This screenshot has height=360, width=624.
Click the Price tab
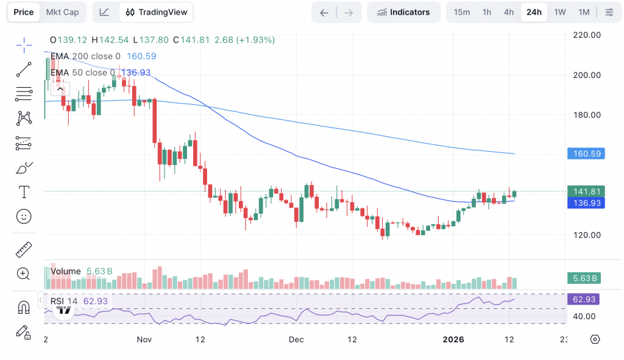(24, 12)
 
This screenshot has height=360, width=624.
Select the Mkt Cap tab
(62, 12)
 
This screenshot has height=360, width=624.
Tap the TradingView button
(157, 12)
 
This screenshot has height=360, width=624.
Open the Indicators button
(403, 12)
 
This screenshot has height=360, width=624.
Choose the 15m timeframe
(462, 12)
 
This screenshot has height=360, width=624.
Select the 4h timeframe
(509, 12)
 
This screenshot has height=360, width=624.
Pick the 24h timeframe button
(534, 12)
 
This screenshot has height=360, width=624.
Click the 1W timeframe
(560, 12)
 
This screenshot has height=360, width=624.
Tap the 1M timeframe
(584, 12)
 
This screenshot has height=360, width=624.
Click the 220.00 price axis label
(587, 35)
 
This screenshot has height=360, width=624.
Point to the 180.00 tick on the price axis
(587, 115)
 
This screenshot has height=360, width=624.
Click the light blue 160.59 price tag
(585, 154)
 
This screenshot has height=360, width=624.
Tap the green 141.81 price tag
(585, 192)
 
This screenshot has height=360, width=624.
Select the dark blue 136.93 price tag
(585, 203)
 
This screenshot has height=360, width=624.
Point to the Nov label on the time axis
(144, 339)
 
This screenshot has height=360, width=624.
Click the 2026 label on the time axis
(453, 339)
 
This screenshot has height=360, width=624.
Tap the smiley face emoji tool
(24, 216)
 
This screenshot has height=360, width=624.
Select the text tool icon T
(24, 192)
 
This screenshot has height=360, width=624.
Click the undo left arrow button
(324, 12)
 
